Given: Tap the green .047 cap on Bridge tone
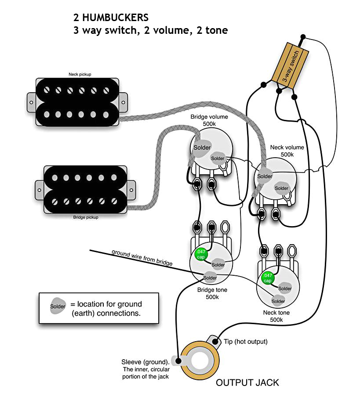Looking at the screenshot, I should pyautogui.click(x=200, y=254).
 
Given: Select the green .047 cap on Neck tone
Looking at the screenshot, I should pyautogui.click(x=267, y=278).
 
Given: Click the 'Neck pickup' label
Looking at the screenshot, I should pyautogui.click(x=80, y=75).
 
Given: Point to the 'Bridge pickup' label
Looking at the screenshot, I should pyautogui.click(x=86, y=217).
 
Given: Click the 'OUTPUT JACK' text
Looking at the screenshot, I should pyautogui.click(x=247, y=382).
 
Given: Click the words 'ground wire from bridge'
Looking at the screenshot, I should pyautogui.click(x=142, y=258).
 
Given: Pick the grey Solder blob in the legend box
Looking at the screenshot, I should pyautogui.click(x=58, y=306).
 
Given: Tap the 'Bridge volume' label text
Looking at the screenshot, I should pyautogui.click(x=209, y=117).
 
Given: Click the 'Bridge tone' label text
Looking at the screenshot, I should pyautogui.click(x=212, y=290).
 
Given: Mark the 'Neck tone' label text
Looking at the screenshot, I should pyautogui.click(x=276, y=313).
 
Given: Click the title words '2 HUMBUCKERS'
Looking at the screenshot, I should pyautogui.click(x=111, y=18).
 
